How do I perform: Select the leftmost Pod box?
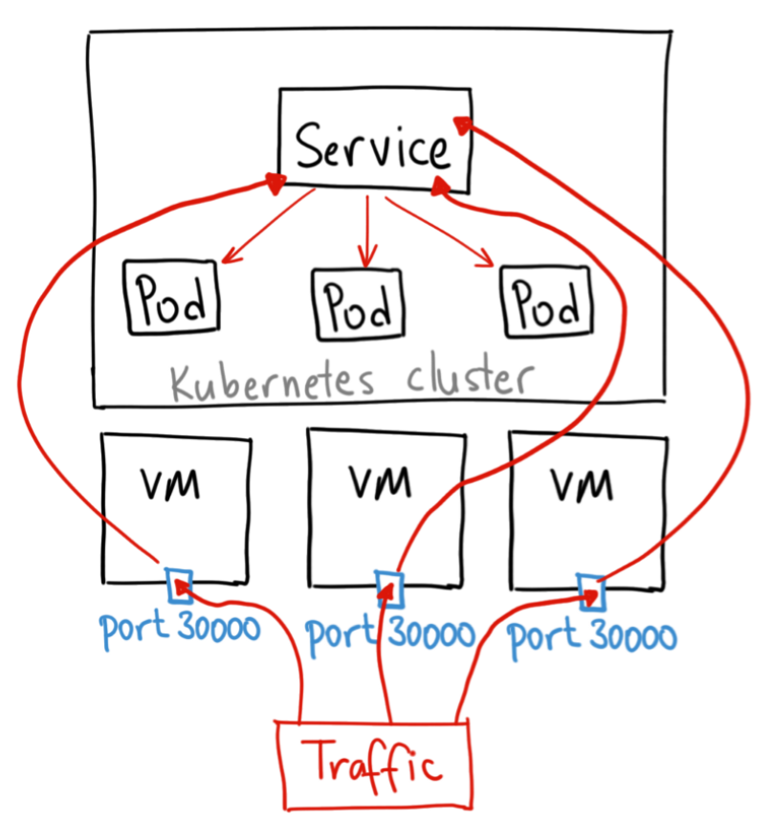click(x=171, y=300)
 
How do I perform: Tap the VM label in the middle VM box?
click(x=378, y=480)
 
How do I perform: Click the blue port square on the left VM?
click(x=179, y=583)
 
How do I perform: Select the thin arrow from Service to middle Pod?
click(x=365, y=230)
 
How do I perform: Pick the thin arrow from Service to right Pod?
click(x=440, y=229)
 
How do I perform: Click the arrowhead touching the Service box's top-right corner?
click(x=463, y=123)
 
